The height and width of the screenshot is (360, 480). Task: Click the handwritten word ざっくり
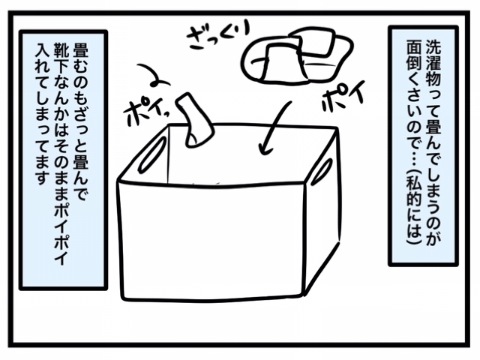click(x=218, y=35)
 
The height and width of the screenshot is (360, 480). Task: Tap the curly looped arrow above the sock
click(x=153, y=75)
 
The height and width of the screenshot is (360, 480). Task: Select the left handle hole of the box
click(x=151, y=154)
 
